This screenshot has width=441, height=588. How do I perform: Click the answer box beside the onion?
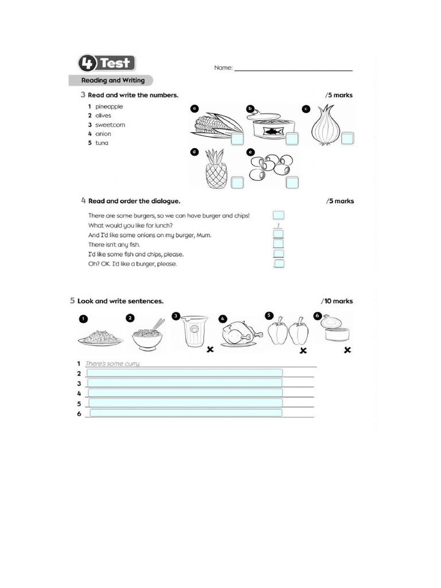(347, 138)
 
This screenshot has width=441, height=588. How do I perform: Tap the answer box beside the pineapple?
(237, 183)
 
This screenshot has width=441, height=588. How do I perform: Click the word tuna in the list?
(102, 143)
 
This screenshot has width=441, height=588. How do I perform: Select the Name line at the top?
(293, 69)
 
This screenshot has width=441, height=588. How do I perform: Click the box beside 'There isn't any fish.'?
(278, 244)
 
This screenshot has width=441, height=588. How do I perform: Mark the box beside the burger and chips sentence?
(278, 215)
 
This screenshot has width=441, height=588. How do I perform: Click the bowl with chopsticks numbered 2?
(148, 335)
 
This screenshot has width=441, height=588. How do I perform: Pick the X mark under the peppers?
(303, 351)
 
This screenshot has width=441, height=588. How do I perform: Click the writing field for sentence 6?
(185, 413)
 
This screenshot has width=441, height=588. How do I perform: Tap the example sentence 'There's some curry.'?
(113, 363)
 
